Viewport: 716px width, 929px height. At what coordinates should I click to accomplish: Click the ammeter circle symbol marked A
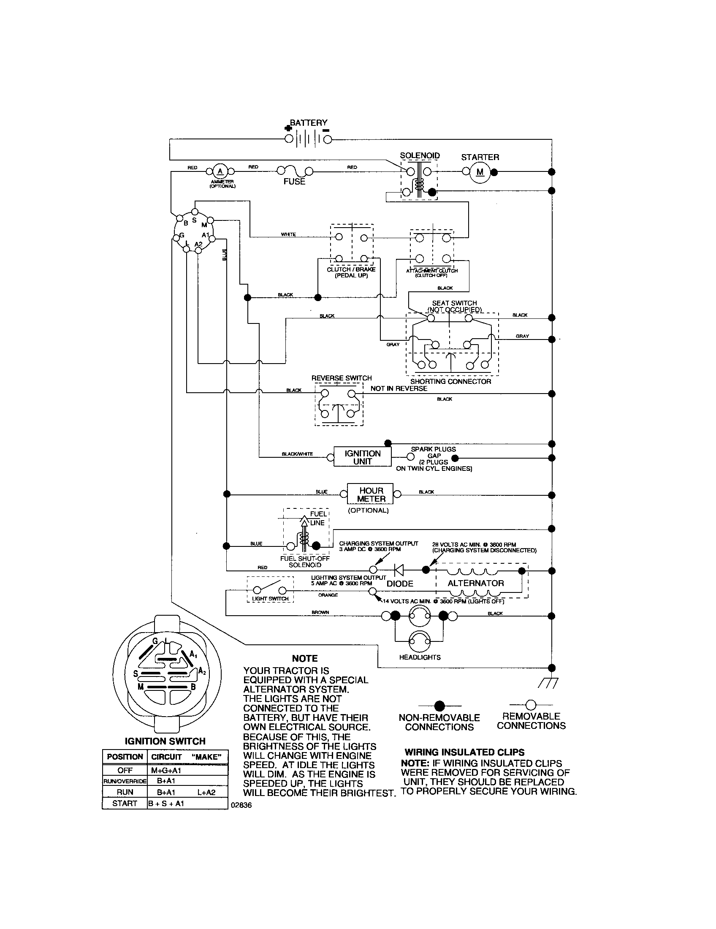click(220, 171)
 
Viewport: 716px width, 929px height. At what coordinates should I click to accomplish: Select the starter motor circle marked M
click(480, 172)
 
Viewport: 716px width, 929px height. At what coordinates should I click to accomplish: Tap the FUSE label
click(294, 182)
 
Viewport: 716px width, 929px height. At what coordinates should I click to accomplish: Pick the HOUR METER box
click(371, 495)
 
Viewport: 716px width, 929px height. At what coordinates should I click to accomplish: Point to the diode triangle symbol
click(399, 570)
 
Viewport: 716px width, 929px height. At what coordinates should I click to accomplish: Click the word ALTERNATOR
click(475, 583)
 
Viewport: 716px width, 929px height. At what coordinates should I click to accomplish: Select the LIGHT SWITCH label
click(270, 598)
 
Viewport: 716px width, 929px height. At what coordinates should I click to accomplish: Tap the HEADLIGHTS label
click(420, 657)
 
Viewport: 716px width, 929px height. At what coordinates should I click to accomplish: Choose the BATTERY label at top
click(309, 123)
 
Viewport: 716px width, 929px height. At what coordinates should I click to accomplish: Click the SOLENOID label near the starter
click(420, 156)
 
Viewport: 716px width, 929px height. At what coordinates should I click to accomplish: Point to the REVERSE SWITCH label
click(342, 378)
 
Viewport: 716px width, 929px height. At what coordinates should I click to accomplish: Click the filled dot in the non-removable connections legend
click(439, 705)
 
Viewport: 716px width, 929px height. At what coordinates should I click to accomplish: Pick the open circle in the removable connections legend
click(531, 705)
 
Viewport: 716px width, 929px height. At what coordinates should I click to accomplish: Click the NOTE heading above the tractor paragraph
click(305, 658)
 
